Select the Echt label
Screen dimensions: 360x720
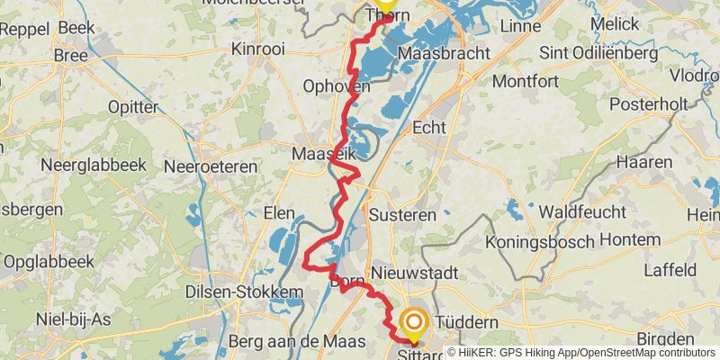click(428, 128)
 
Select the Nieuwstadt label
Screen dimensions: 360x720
click(416, 272)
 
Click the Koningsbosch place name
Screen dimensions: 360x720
click(540, 242)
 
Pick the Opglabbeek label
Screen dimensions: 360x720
click(49, 262)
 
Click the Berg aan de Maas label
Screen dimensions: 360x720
click(297, 341)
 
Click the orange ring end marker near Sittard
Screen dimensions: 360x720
click(414, 322)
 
